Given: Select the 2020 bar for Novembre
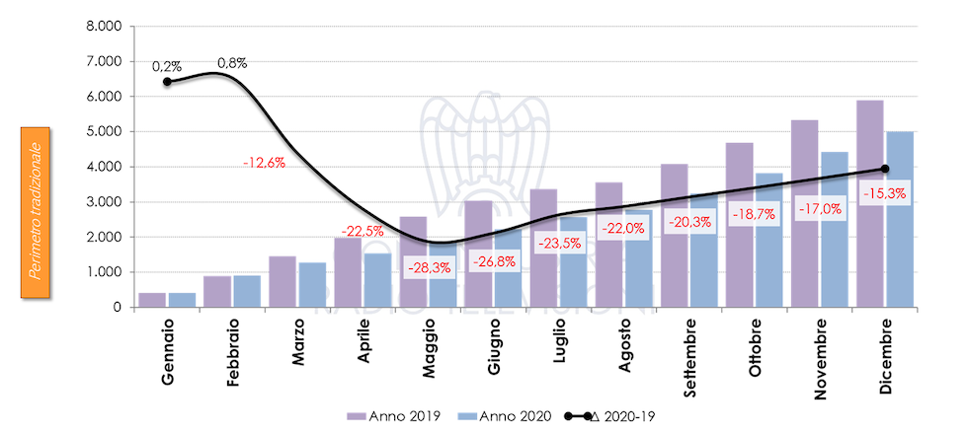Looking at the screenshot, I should pos(835,230).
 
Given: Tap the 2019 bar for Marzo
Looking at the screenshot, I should pos(282,282).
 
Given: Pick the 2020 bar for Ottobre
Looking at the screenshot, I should pos(768,241).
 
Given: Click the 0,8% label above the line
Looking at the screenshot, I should pos(232,63).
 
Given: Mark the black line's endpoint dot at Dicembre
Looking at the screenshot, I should pos(885,169).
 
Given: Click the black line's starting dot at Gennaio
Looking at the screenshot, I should pos(167,82).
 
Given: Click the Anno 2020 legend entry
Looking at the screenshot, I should pos(504,415).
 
